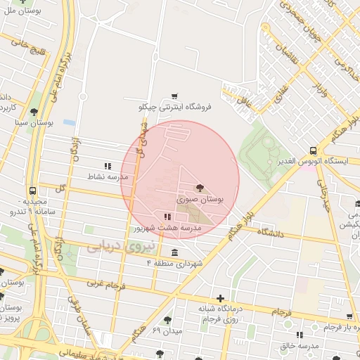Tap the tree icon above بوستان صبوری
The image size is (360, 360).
(200, 188)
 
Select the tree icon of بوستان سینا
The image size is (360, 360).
(34, 112)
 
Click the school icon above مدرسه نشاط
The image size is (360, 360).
(108, 166)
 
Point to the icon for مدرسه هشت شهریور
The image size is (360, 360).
(167, 217)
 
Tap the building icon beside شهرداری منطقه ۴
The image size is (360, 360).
(174, 252)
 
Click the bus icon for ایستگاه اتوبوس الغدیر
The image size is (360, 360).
(313, 150)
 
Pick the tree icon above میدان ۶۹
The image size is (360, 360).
(167, 320)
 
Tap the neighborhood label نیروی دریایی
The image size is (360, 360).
(114, 247)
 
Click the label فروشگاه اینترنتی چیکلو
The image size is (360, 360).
(174, 107)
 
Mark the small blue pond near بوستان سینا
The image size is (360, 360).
(69, 122)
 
